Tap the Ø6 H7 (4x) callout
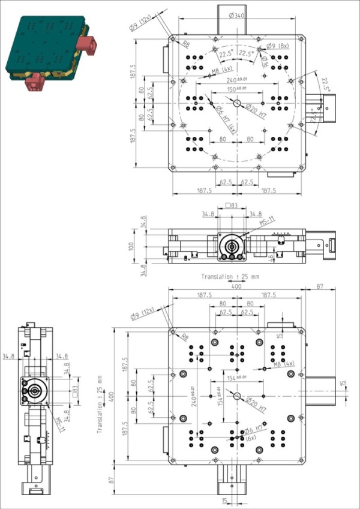(x=225, y=121)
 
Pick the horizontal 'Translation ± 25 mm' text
(x=230, y=277)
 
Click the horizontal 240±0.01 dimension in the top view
(x=237, y=80)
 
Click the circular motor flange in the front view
(x=230, y=246)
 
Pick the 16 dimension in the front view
(x=271, y=257)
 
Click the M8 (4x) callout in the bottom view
(x=284, y=364)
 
